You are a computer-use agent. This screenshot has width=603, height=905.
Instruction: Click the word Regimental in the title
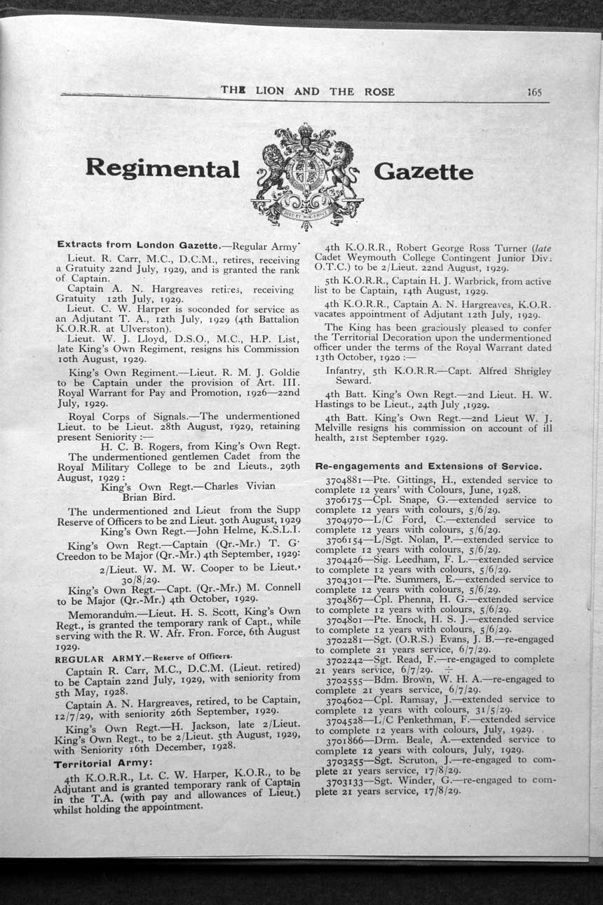(x=162, y=169)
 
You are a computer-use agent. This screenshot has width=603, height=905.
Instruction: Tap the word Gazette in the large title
(x=424, y=172)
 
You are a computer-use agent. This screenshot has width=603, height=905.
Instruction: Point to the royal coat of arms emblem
(x=306, y=175)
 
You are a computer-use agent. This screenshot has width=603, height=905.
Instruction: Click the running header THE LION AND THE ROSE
(x=307, y=91)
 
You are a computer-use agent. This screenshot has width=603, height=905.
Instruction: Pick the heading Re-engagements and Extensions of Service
(x=428, y=467)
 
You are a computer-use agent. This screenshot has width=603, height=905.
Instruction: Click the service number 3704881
(x=344, y=481)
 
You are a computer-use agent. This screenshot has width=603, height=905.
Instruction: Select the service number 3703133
(x=344, y=779)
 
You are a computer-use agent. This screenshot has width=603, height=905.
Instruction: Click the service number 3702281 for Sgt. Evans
(x=344, y=640)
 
